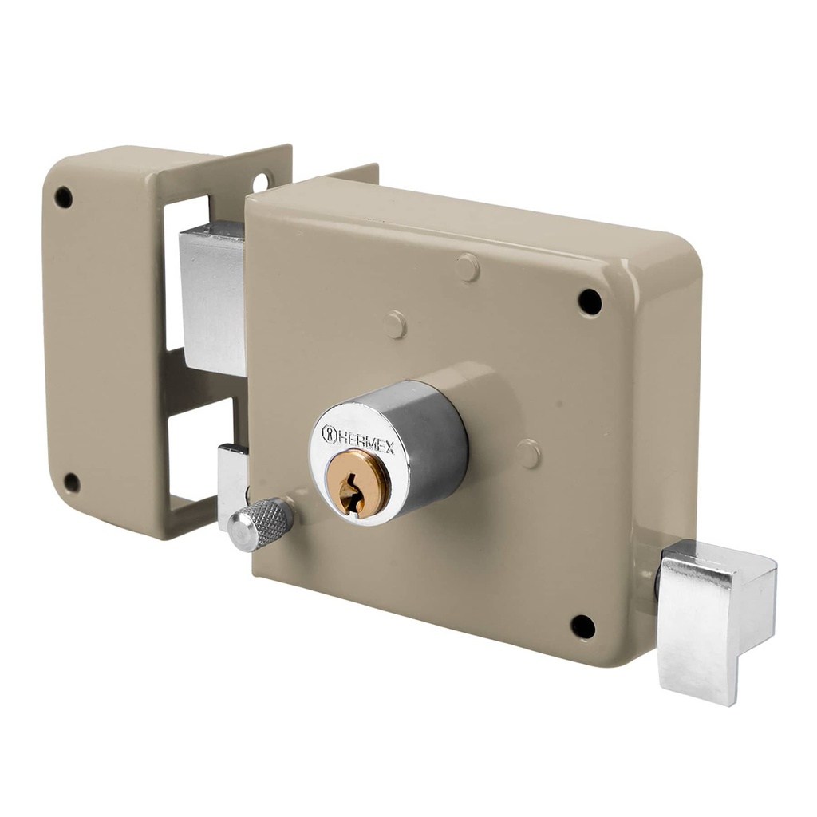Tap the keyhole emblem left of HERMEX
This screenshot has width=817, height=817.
click(328, 434)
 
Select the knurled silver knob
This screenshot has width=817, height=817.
click(260, 523)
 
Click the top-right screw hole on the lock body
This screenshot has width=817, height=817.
click(590, 302)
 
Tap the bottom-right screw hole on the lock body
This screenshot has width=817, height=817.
click(583, 627)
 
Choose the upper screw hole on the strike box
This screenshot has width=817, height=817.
click(63, 197)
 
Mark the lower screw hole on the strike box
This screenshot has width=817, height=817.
click(72, 483)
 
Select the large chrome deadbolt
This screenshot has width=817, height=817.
click(212, 297)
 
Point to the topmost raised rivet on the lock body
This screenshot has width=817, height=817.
click(468, 268)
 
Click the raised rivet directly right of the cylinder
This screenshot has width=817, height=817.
click(527, 454)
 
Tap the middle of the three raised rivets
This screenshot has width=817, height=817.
click(395, 325)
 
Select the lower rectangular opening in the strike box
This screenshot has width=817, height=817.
click(192, 448)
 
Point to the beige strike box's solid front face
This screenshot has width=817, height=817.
click(104, 335)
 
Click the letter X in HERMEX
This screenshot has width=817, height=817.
click(389, 446)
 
